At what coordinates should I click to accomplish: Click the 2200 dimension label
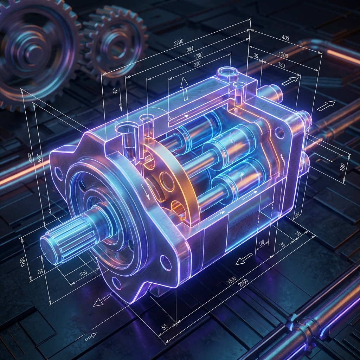(x=179, y=43)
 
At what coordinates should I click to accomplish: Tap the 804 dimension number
(x=190, y=49)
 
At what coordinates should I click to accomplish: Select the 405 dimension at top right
(x=285, y=38)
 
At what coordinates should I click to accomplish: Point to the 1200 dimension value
(x=283, y=56)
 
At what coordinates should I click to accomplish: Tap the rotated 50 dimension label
(x=40, y=272)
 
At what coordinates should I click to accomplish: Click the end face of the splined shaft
(x=51, y=250)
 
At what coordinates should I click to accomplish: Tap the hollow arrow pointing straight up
(x=184, y=88)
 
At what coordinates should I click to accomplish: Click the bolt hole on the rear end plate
(x=279, y=133)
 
